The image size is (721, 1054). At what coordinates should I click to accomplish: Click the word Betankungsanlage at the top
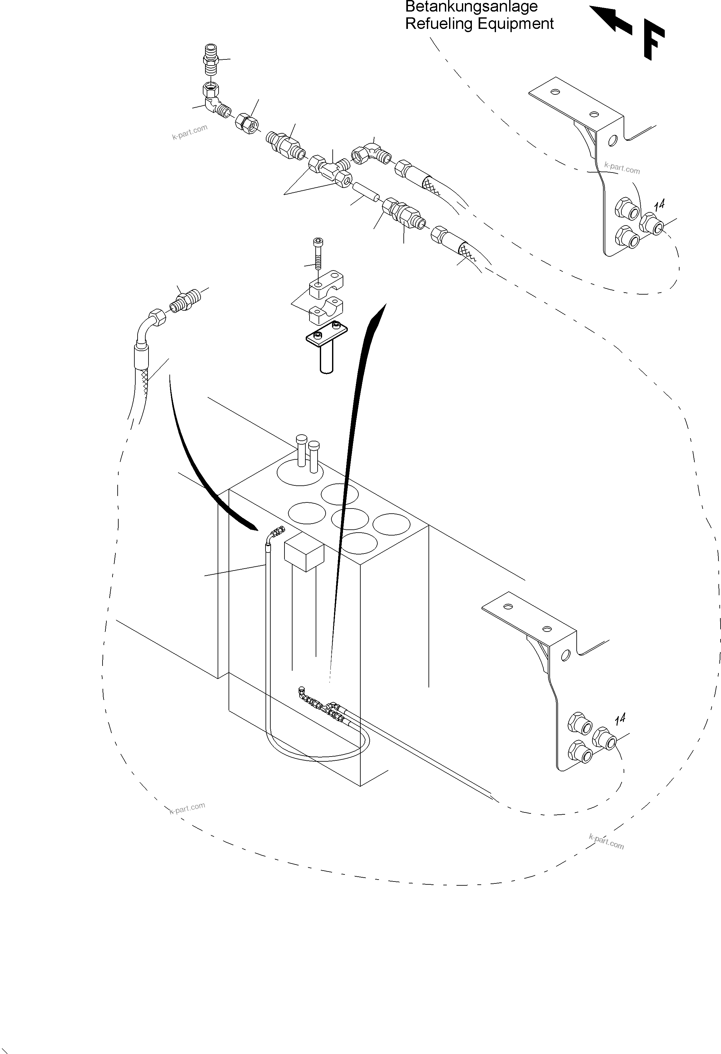click(471, 7)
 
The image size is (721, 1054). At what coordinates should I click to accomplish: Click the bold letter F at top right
click(653, 42)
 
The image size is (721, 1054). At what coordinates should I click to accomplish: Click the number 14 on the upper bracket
click(659, 205)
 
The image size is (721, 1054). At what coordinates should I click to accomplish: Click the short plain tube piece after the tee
click(366, 192)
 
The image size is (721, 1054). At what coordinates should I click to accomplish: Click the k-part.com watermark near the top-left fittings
click(190, 131)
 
